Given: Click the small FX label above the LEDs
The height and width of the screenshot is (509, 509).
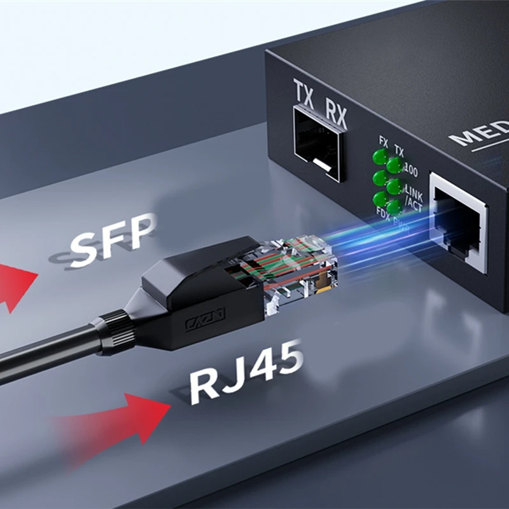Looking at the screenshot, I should [383, 141].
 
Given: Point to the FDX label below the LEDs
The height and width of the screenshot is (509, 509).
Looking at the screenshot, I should [383, 211].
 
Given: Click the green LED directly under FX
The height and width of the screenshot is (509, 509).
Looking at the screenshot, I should [380, 157].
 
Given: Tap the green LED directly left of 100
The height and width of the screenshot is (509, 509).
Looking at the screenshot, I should [394, 166].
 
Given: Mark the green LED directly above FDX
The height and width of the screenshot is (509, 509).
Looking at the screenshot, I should [380, 198].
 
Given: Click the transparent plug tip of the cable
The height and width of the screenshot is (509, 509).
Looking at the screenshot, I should [305, 270].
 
